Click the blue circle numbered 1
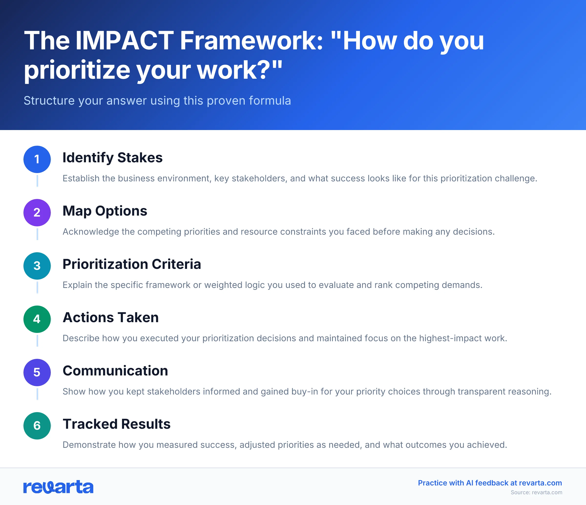(37, 159)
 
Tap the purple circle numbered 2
(37, 213)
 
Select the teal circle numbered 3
(37, 266)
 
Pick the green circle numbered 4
(37, 319)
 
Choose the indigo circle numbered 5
(37, 372)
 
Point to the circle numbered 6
(37, 426)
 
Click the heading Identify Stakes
(112, 158)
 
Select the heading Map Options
(105, 211)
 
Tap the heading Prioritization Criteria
(132, 264)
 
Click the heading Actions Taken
(111, 317)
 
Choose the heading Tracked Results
(116, 424)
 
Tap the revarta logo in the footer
(58, 487)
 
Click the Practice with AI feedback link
(490, 483)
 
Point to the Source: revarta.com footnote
(536, 492)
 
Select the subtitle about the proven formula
(157, 100)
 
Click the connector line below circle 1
(37, 181)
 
